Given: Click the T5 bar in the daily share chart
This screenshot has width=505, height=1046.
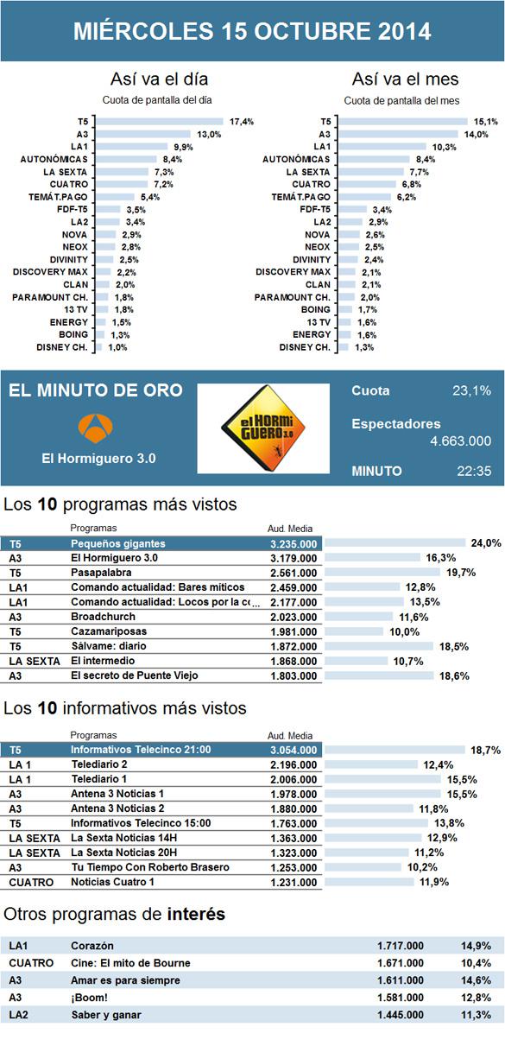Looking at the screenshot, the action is tap(160, 122).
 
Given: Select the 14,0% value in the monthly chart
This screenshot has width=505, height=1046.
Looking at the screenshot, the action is tap(476, 135).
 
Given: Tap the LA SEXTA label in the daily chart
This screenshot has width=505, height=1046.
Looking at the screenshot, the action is tap(66, 172).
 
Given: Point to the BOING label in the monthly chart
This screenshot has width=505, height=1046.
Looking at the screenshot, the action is tap(315, 309).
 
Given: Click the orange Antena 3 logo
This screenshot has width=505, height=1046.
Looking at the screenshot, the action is tap(96, 428).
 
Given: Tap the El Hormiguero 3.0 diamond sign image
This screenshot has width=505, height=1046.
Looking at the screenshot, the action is tap(263, 428).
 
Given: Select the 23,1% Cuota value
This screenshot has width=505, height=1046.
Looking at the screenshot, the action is tap(471, 390).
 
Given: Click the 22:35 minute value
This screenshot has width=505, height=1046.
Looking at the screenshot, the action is tap(474, 471).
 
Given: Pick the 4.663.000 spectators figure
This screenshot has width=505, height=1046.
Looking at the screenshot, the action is tap(461, 441).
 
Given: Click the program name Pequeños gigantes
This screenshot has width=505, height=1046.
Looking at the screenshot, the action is tap(118, 543).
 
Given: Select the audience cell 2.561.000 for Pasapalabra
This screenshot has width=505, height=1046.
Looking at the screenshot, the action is tap(294, 573).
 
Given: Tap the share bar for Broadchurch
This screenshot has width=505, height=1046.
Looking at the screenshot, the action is tap(359, 617).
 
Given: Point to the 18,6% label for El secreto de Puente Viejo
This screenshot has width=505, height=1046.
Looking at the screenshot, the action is tap(454, 675).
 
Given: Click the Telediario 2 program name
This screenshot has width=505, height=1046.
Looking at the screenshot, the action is tap(99, 764).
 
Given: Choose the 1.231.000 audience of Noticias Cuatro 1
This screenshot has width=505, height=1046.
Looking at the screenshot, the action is tap(294, 883).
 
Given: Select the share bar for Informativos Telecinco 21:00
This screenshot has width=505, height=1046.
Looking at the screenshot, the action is tap(395, 750).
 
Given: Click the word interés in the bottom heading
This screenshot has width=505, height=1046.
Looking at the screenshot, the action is tap(196, 914).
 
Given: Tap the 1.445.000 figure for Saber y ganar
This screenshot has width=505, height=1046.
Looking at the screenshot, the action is tap(401, 1015).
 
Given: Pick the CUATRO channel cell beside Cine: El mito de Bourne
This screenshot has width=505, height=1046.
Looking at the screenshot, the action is tap(31, 963).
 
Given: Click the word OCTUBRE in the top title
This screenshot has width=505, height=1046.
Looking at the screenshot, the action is tap(312, 31).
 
